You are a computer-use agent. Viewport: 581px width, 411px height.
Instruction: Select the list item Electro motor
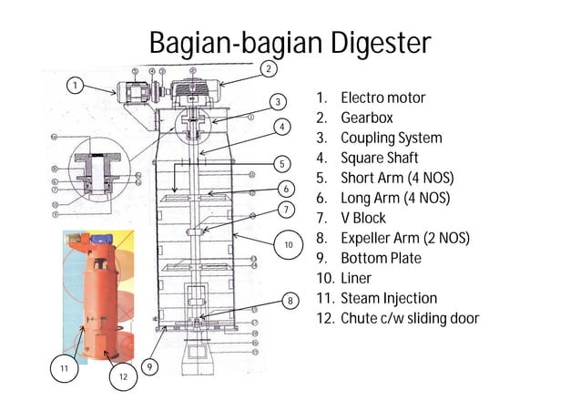click(x=382, y=98)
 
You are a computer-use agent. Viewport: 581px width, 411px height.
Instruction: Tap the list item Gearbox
click(x=366, y=118)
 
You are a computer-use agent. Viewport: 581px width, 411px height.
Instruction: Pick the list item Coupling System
click(x=391, y=138)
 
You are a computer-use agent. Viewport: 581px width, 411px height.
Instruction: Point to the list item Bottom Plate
click(x=381, y=258)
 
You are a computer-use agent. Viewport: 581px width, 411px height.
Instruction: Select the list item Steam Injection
click(x=388, y=298)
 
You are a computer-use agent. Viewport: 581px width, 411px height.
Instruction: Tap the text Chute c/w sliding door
click(x=409, y=318)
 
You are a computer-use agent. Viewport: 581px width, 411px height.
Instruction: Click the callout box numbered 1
click(x=76, y=86)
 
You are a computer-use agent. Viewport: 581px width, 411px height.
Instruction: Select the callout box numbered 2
click(x=268, y=68)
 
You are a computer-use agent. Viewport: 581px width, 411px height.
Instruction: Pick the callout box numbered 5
click(x=283, y=164)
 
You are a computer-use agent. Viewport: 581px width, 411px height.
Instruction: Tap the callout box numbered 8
click(x=290, y=299)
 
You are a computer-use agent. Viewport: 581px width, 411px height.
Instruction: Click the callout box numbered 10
click(x=288, y=245)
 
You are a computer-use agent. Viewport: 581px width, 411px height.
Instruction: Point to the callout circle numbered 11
click(x=64, y=368)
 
